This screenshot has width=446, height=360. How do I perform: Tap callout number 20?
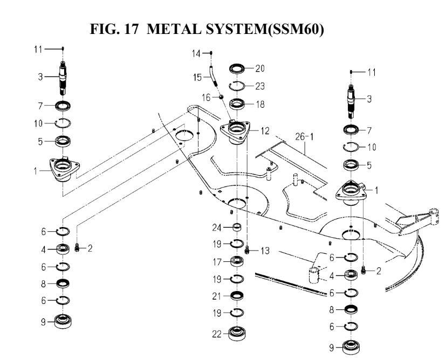coord(261,69)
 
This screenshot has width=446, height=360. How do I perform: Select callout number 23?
coord(261,86)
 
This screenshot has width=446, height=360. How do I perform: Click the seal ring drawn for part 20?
coord(237,69)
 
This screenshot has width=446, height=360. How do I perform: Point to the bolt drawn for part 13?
coord(247,250)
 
